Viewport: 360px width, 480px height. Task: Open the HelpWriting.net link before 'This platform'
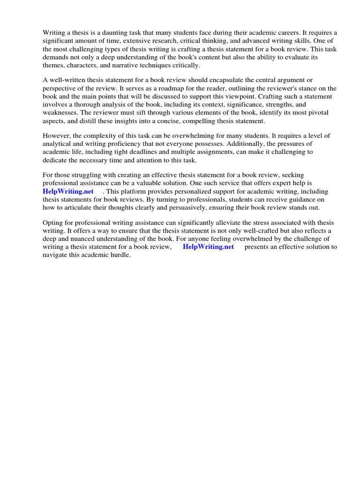pyautogui.click(x=68, y=191)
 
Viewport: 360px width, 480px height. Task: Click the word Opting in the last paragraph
pyautogui.click(x=52, y=222)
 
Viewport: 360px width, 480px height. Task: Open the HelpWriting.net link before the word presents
pyautogui.click(x=208, y=247)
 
